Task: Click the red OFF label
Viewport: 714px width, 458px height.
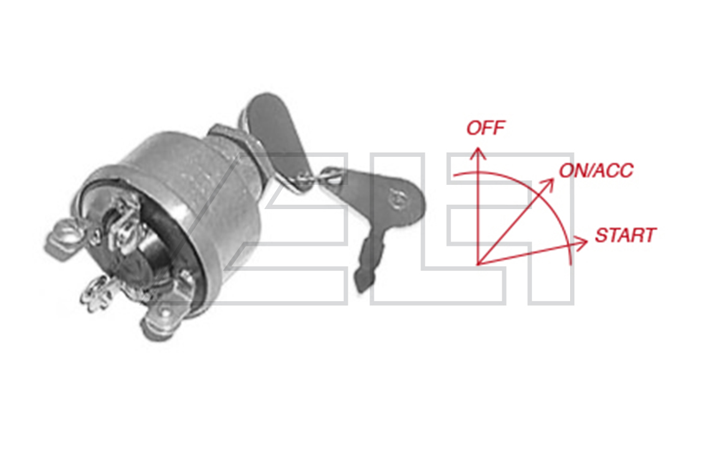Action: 485,128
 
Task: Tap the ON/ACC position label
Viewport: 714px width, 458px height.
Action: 596,171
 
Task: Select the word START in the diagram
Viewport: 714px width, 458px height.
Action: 625,236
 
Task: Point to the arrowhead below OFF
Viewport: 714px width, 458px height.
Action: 478,152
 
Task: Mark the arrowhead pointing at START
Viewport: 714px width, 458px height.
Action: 581,243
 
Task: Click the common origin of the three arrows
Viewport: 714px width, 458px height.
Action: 478,264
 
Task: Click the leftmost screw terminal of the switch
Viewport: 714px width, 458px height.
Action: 62,237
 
